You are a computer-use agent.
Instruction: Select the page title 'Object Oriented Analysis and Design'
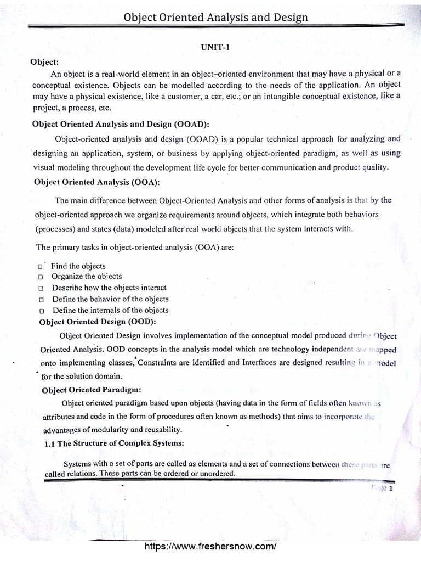click(216, 17)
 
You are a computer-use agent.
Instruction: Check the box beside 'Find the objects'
click(41, 267)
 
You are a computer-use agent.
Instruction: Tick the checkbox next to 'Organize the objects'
click(41, 277)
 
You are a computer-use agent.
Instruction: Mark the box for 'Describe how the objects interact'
click(41, 288)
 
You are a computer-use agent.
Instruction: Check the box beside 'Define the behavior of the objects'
click(42, 300)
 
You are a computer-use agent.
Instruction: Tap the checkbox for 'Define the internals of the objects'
click(42, 311)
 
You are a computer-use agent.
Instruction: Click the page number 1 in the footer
click(391, 487)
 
